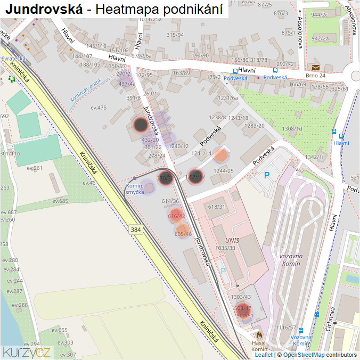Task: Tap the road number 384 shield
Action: (135, 230)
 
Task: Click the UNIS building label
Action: (232, 240)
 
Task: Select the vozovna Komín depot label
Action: (290, 260)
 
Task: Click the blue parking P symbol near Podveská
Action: (267, 175)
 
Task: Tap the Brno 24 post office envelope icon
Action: (316, 67)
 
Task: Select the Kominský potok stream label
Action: (85, 90)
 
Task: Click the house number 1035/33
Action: (225, 248)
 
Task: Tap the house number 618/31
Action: (217, 207)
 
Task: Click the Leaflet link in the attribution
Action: (264, 355)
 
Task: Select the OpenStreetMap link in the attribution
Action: (304, 355)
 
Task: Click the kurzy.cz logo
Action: (27, 352)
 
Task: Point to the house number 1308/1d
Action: (292, 129)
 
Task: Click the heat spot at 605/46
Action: (183, 233)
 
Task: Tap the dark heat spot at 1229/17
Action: (195, 176)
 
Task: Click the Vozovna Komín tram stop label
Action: (301, 340)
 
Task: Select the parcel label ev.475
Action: (99, 108)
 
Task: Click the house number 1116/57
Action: (286, 328)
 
